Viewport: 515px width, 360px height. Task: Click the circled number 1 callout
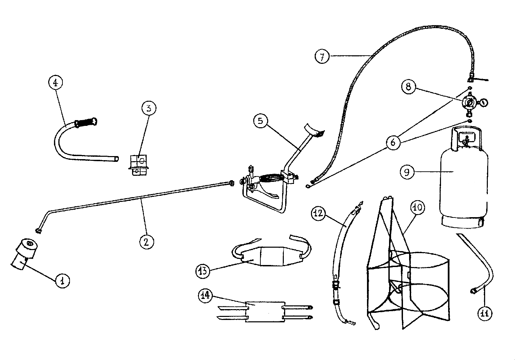pyautogui.click(x=62, y=281)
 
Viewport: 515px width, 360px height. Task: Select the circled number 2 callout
pyautogui.click(x=147, y=242)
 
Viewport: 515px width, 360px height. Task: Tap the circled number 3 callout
pyautogui.click(x=149, y=108)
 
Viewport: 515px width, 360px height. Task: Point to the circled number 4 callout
pyautogui.click(x=56, y=82)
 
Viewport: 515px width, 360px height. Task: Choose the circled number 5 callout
pyautogui.click(x=261, y=121)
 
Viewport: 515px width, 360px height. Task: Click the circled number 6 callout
pyautogui.click(x=393, y=143)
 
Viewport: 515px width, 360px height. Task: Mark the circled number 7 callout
pyautogui.click(x=322, y=57)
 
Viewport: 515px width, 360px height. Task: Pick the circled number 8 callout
pyautogui.click(x=408, y=87)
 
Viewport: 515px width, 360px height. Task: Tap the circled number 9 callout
pyautogui.click(x=407, y=172)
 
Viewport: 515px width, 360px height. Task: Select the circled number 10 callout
pyautogui.click(x=418, y=208)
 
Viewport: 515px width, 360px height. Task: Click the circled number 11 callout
pyautogui.click(x=485, y=313)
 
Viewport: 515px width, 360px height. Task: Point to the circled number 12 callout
pyautogui.click(x=318, y=213)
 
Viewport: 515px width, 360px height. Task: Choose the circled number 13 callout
pyautogui.click(x=203, y=271)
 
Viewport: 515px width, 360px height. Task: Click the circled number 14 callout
pyautogui.click(x=205, y=296)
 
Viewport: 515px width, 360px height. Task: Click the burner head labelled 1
pyautogui.click(x=24, y=254)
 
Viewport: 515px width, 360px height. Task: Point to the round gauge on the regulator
pyautogui.click(x=483, y=102)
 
